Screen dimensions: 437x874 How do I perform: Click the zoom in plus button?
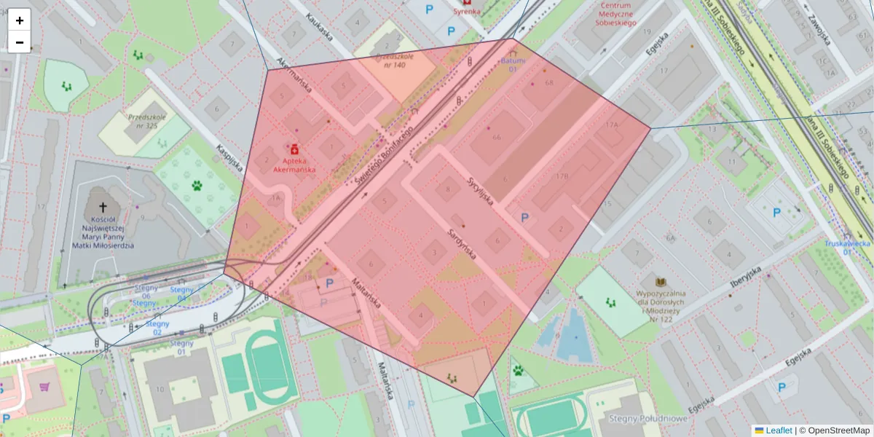tap(20, 20)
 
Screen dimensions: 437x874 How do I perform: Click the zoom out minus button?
tap(20, 42)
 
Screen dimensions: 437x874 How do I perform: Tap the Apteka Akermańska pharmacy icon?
tap(294, 149)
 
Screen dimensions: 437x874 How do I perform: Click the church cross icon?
tap(103, 208)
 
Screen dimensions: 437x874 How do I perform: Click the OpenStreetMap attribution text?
tap(838, 430)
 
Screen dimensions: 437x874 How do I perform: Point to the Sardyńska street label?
tap(462, 244)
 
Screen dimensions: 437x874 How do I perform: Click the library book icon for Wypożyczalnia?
tap(661, 282)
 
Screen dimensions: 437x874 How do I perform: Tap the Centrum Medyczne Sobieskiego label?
tap(615, 14)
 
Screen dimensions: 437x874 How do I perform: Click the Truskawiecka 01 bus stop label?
tap(847, 248)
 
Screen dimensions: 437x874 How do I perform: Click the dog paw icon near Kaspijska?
tap(197, 186)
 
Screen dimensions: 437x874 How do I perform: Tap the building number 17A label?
tap(610, 125)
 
